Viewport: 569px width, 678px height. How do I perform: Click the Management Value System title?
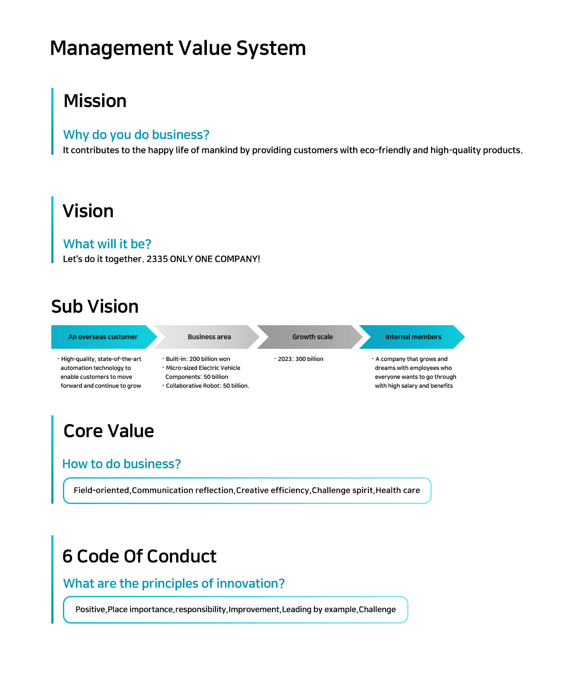[x=178, y=49]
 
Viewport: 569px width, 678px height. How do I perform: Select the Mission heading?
[x=95, y=101]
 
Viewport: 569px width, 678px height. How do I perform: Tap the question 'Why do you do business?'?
[x=136, y=135]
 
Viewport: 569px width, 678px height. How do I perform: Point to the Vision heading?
[x=88, y=211]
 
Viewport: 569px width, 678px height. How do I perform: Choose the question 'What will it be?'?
[x=107, y=244]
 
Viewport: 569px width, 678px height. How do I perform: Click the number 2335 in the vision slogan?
[x=157, y=259]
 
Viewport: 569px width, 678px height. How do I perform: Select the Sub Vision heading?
[x=95, y=306]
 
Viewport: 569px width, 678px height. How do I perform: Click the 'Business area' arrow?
[x=206, y=337]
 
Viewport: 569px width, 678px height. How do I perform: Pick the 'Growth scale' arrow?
[x=309, y=337]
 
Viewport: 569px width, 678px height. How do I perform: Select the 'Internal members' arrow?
[x=412, y=337]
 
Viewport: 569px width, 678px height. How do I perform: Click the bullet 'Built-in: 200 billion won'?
[x=196, y=359]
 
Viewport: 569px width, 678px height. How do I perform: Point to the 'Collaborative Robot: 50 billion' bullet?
[x=206, y=386]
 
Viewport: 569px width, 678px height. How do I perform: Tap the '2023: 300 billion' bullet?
[x=299, y=359]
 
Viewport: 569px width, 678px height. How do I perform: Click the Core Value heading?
[x=109, y=431]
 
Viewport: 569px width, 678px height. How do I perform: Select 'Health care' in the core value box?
[x=398, y=490]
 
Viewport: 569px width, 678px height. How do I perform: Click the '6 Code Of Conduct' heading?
[x=139, y=556]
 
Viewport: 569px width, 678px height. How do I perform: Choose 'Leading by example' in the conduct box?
[x=319, y=609]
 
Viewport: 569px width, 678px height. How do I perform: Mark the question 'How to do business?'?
[x=121, y=464]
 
